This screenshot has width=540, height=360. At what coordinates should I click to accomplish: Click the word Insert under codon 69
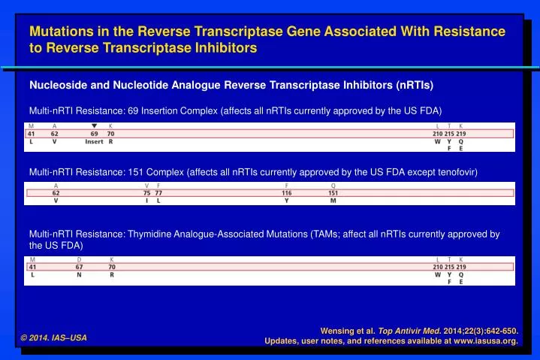click(x=94, y=141)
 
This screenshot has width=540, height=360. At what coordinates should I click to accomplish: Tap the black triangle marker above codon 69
click(x=94, y=126)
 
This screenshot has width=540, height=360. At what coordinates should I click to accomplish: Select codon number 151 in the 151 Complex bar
click(x=333, y=193)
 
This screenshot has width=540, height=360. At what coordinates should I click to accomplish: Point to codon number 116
click(x=286, y=193)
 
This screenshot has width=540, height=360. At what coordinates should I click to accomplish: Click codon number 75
click(x=147, y=193)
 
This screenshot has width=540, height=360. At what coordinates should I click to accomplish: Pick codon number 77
click(x=158, y=193)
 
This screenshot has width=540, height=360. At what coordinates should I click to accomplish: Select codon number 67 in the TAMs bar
click(x=79, y=266)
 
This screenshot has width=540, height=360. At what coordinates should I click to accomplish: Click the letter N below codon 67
click(x=79, y=274)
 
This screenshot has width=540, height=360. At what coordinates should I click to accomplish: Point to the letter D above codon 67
click(x=79, y=259)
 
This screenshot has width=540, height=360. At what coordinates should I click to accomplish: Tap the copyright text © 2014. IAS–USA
click(x=54, y=337)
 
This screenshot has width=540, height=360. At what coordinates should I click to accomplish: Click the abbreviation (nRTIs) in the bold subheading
click(x=412, y=83)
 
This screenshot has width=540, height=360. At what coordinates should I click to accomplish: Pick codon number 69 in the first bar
click(x=94, y=133)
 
